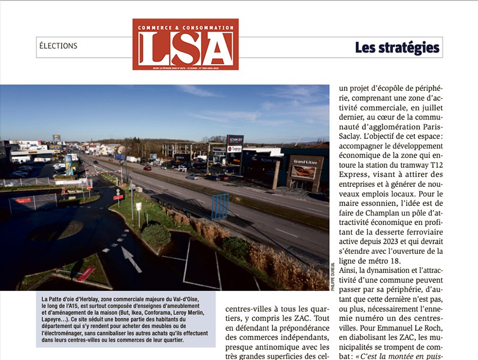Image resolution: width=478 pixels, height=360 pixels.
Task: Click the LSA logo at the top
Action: [x=185, y=45]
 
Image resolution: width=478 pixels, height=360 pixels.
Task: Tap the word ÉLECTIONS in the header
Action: [x=58, y=46]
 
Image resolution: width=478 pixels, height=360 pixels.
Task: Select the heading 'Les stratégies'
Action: [x=397, y=48]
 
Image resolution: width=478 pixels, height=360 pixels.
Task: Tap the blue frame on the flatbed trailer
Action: [x=220, y=207]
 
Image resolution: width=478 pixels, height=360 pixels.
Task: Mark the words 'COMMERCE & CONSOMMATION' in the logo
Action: [x=185, y=28]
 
